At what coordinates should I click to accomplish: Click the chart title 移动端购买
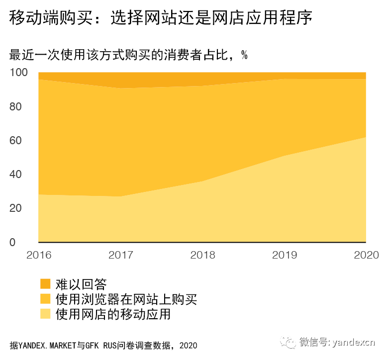pyautogui.click(x=160, y=19)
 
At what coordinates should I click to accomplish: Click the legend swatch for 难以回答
pyautogui.click(x=45, y=284)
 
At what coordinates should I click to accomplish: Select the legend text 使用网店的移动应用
pyautogui.click(x=113, y=314)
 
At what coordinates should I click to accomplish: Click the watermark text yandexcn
pyautogui.click(x=354, y=342)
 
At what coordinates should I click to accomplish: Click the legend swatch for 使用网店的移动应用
pyautogui.click(x=45, y=314)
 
